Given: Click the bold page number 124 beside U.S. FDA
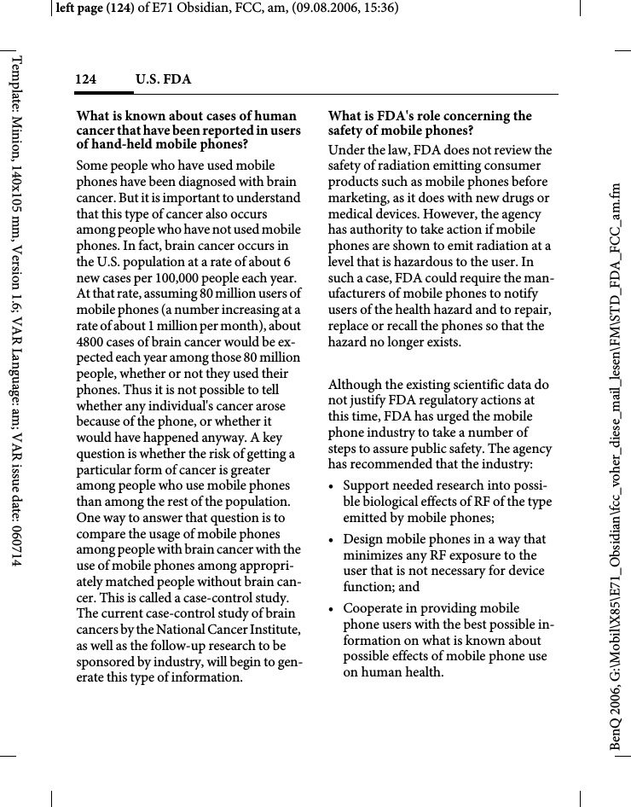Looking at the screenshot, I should (85, 80).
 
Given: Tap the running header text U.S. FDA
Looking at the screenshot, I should (164, 80).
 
